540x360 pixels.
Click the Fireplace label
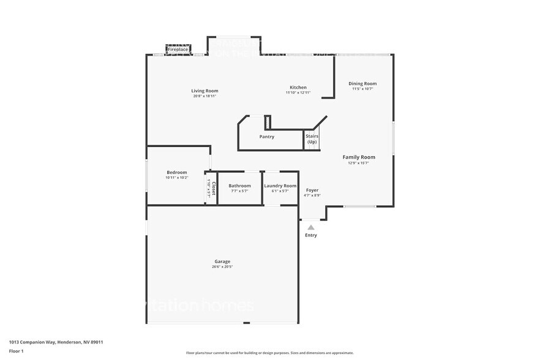point(178,49)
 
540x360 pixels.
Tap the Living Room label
point(204,91)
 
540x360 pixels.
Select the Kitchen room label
point(298,87)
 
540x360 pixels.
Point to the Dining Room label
point(362,83)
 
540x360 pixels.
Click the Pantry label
point(267,137)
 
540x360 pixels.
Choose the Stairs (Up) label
point(312,139)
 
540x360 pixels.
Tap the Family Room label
point(359,157)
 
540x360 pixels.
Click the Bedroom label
point(177,173)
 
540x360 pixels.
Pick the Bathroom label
point(239,186)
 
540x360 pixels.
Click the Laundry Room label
point(280,186)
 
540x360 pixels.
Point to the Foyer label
point(312,190)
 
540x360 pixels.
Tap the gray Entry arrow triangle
point(311,227)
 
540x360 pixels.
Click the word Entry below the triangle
point(311,235)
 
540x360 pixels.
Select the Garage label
point(222,261)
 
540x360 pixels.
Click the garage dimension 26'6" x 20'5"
point(222,267)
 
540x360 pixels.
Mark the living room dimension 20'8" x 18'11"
point(204,96)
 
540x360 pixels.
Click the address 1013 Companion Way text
point(56,342)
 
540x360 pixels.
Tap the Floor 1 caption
point(16,351)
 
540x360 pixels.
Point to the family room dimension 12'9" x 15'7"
point(359,163)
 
